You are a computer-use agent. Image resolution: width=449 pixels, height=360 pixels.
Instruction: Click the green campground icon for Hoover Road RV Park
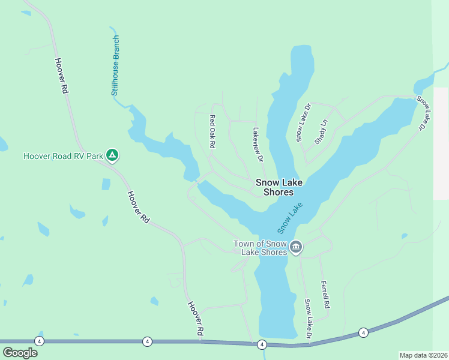pos(112,156)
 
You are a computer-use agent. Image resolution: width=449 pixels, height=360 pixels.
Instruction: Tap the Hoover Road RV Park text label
pos(62,157)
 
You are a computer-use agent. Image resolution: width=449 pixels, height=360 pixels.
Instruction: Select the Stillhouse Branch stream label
pos(116,66)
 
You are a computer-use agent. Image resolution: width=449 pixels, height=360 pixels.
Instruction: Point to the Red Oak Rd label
pos(212,132)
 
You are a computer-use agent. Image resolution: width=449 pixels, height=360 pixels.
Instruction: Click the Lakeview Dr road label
pos(258,145)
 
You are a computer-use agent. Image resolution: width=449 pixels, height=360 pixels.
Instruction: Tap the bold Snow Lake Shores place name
pos(279,187)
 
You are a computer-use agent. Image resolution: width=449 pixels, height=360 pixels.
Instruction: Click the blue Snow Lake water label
pos(289,218)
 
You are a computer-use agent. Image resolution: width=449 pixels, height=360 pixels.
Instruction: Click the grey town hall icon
pos(295,247)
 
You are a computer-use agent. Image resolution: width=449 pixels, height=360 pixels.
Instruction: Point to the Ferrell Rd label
pos(325,295)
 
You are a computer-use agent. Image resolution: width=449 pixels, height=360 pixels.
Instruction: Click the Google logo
pos(20,352)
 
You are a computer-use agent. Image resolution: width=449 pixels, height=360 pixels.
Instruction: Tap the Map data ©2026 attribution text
pos(423,355)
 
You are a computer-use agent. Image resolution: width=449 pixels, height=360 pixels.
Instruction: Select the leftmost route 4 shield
pos(39,341)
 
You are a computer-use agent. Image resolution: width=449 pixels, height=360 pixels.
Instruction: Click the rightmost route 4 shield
pos(363,332)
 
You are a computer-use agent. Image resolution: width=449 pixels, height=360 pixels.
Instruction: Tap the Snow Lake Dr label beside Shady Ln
pos(303,123)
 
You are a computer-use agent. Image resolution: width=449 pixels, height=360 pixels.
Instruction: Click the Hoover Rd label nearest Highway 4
pos(195,319)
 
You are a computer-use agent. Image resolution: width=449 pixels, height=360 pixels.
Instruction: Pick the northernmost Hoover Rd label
pos(61,76)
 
